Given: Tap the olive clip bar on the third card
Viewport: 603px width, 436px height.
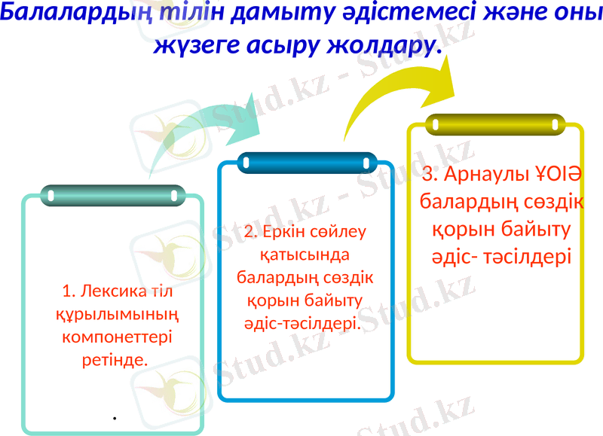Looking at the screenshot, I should [x=494, y=125].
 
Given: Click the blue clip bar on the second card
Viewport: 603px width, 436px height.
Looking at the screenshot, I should [x=306, y=162].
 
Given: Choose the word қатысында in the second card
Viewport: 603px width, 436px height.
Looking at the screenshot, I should [x=305, y=254].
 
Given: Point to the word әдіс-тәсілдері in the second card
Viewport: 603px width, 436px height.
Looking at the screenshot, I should [x=306, y=322].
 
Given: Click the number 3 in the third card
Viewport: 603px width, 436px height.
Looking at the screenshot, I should [x=428, y=175].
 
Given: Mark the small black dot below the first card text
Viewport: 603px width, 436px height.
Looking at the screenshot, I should [x=114, y=416].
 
